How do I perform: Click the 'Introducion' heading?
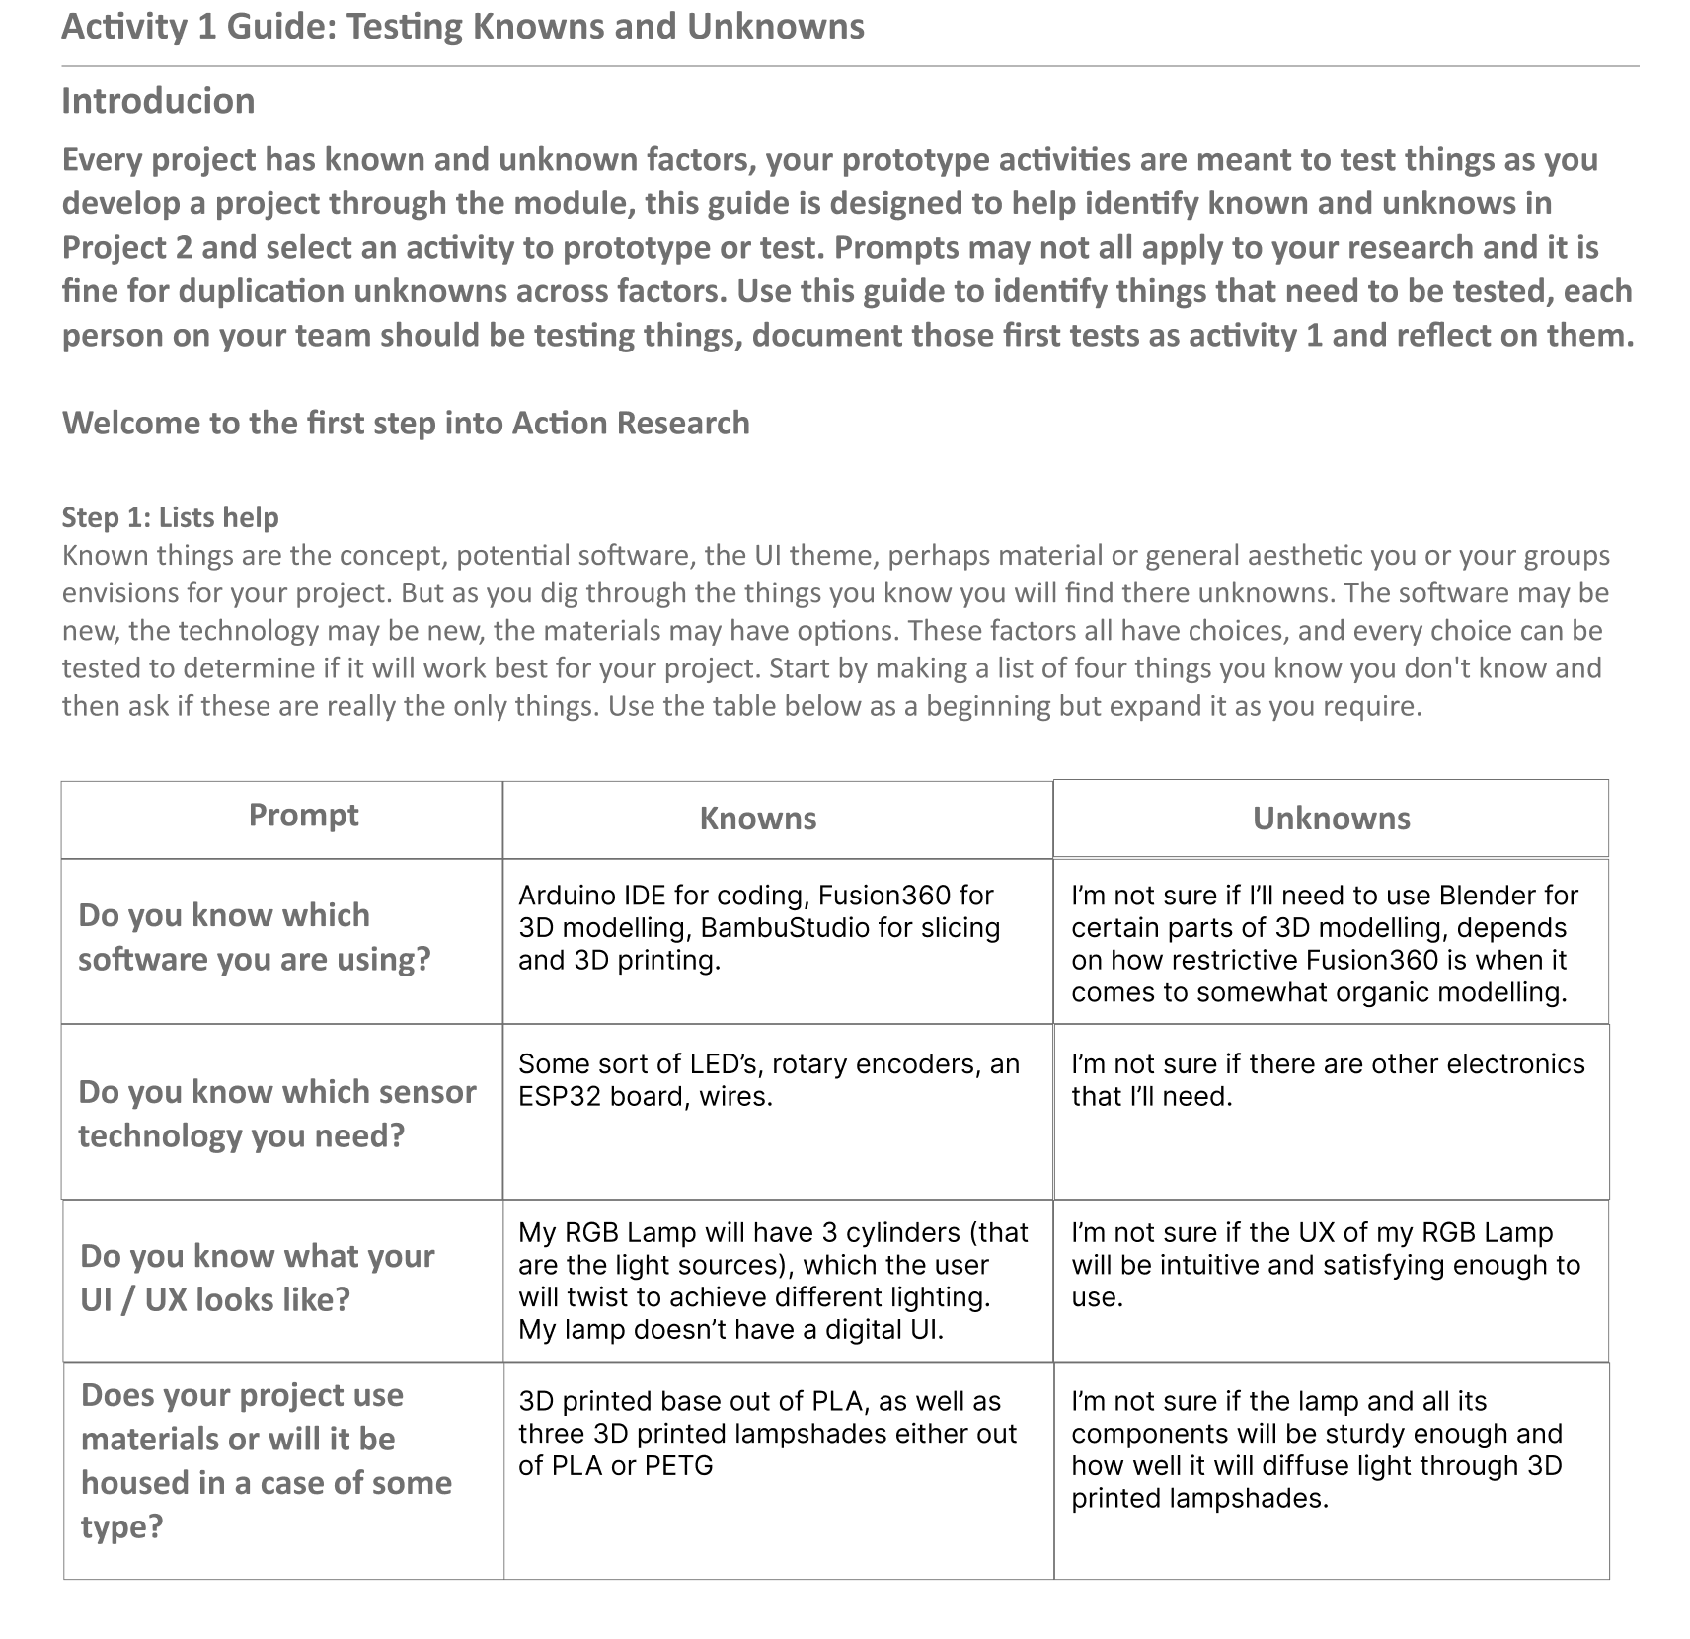[158, 101]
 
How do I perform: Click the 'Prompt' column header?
[303, 815]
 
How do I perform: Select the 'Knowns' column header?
[757, 819]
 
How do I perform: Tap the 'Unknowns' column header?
[1331, 819]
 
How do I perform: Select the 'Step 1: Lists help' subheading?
[170, 517]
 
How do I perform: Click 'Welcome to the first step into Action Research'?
[406, 423]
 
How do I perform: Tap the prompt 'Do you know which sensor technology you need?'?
[276, 1114]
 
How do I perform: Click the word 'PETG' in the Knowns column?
[678, 1466]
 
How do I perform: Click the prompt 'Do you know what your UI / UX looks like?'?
[257, 1278]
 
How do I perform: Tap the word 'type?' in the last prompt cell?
[121, 1526]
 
